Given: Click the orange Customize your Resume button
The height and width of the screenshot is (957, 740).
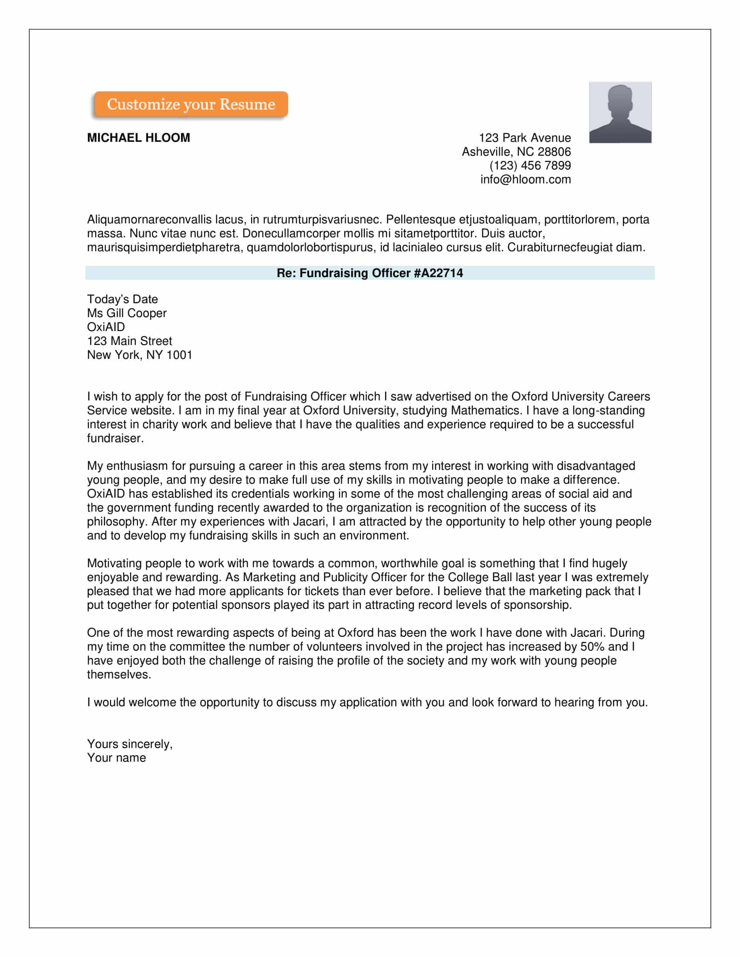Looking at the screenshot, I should point(191,104).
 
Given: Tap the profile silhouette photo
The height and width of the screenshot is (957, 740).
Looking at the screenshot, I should point(620,112).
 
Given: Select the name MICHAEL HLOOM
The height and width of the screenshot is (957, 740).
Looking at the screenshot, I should point(138,137).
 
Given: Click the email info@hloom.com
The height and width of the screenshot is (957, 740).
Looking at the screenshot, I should point(525,179).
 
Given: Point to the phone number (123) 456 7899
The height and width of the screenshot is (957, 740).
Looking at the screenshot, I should point(530,165).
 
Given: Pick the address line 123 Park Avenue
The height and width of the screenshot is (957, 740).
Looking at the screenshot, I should point(525,137).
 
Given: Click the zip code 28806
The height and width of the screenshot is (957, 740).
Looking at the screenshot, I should point(554,152).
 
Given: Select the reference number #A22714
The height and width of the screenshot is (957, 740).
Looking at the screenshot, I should point(438,273).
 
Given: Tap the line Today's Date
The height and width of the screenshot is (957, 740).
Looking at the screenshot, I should point(122,299).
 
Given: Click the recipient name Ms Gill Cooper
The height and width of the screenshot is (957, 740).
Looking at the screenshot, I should point(127,313).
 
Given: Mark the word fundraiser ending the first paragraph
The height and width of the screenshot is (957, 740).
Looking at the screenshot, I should point(114,438).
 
